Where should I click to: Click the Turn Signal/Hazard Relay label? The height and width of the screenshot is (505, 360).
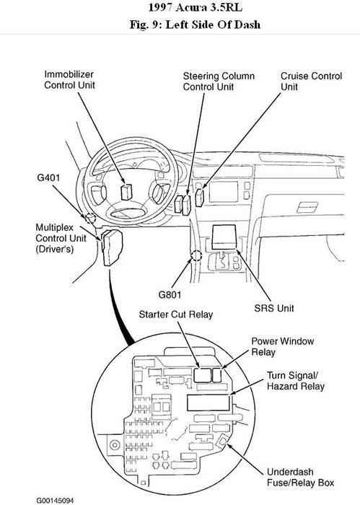tap(290, 382)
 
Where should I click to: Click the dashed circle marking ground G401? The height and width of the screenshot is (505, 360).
tap(90, 218)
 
